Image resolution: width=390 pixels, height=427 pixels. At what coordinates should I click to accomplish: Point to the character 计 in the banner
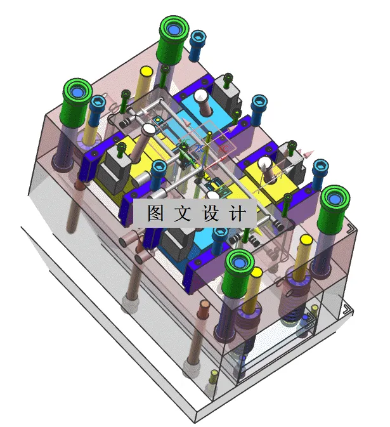coord(240,214)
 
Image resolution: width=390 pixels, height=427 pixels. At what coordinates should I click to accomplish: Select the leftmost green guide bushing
coord(78,95)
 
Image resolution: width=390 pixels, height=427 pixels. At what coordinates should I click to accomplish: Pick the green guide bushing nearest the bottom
coord(240,265)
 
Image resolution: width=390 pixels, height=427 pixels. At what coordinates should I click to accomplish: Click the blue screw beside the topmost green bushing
coord(198,39)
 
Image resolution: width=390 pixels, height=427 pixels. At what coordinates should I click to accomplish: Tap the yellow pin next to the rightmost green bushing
coord(306,243)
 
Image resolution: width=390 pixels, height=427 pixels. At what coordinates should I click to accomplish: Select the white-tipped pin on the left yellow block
coord(148,130)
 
